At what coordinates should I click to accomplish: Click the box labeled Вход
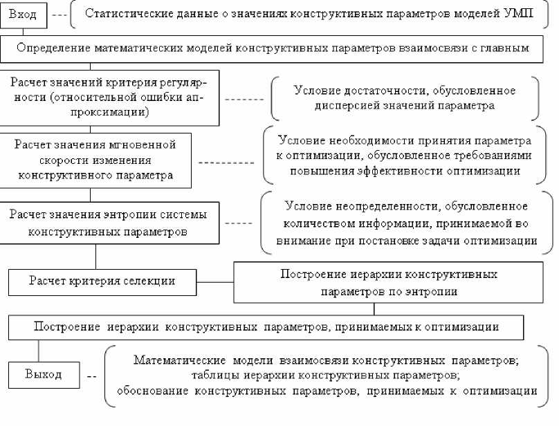coord(24,15)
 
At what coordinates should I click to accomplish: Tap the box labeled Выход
coord(43,375)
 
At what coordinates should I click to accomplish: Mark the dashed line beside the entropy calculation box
coord(239,223)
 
